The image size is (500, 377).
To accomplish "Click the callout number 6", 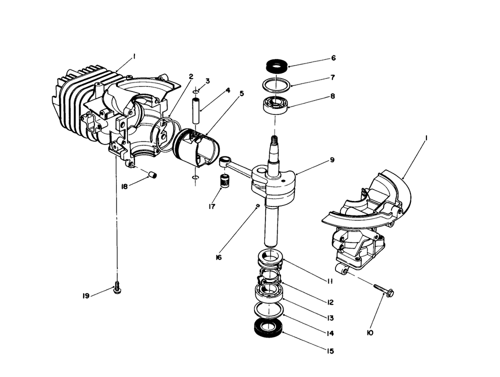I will tap(333, 58).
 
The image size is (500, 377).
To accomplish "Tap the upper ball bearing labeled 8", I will tap(274, 105).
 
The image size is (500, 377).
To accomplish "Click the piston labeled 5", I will tap(196, 147).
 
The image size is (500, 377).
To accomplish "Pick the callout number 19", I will tap(86, 296).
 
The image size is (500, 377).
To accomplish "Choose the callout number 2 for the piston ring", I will tap(191, 76).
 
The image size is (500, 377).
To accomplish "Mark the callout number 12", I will tap(330, 302).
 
